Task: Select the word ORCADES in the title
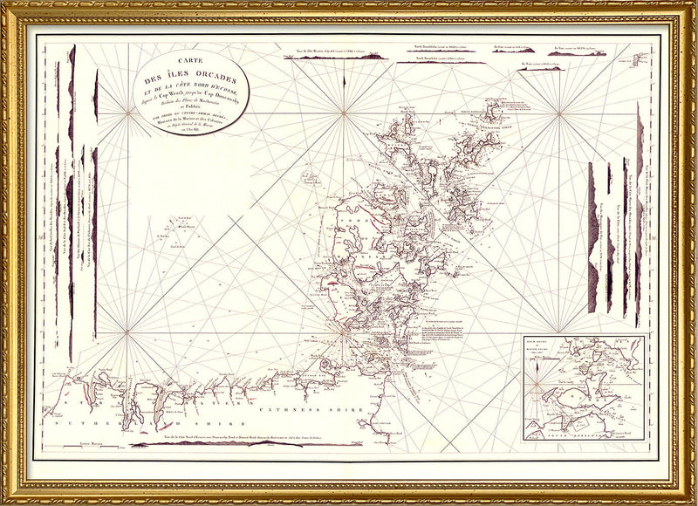(202, 82)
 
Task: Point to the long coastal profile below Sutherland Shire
(218, 442)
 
